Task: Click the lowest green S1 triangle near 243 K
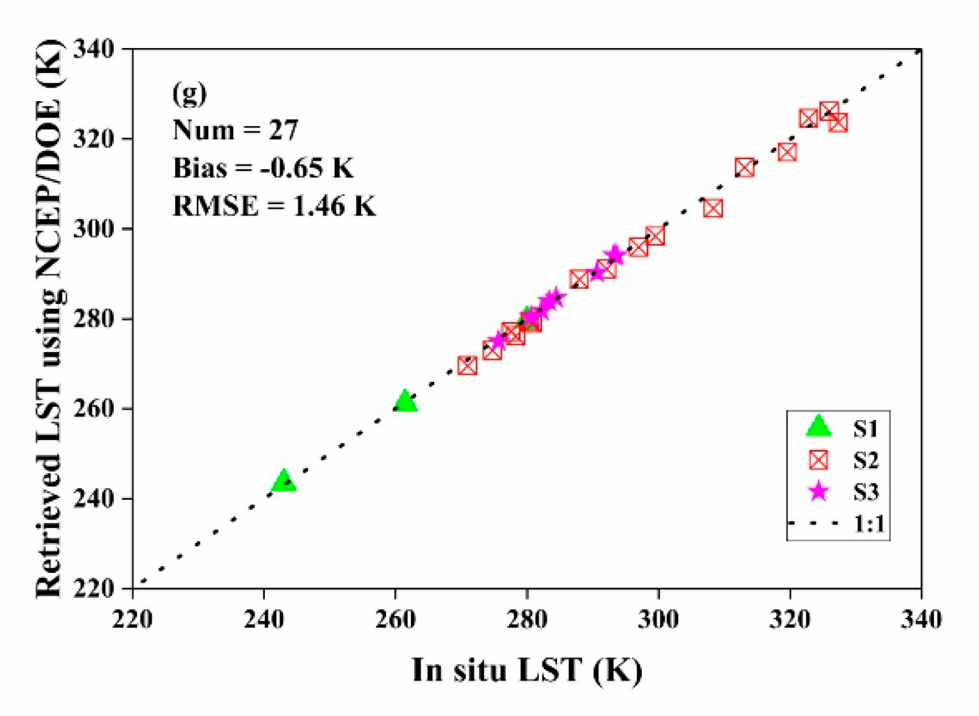coord(284,482)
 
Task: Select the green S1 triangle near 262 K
coord(405,402)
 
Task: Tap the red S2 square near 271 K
coord(467,366)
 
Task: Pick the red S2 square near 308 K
coord(713,208)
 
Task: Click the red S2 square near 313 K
coord(745,167)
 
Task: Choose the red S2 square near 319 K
coord(787,152)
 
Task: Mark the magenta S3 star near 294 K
coord(616,255)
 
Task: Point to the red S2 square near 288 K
coord(579,279)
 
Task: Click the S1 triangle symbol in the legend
coord(818,427)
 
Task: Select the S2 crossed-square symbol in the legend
coord(818,460)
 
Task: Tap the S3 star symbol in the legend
coord(819,491)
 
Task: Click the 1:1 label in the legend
coord(869,524)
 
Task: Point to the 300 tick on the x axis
coord(658,620)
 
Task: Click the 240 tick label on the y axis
coord(93,499)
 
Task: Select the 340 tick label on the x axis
coord(921,620)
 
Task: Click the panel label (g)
coord(189,93)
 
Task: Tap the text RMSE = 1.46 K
coord(274,206)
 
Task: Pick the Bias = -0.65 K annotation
coord(263,168)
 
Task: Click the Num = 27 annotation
coord(235,130)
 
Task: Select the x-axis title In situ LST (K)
coord(527,670)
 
